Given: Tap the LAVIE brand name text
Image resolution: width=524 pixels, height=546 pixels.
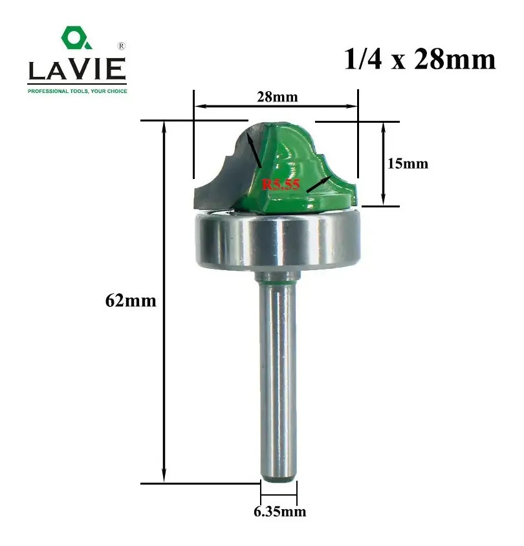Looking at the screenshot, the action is coord(77,69).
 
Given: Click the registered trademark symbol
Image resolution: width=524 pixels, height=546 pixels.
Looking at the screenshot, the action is coord(121,46).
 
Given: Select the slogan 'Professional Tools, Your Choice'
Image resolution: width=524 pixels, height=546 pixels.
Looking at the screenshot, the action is coord(78,91).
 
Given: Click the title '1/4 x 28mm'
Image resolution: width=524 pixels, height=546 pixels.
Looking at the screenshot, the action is coord(420,59).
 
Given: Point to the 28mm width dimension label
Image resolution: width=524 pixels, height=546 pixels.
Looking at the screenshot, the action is coord(278,97).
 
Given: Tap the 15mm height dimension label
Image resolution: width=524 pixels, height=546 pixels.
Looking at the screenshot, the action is coord(408,163).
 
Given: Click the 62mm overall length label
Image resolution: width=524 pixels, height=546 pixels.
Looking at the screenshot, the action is coord(131,300).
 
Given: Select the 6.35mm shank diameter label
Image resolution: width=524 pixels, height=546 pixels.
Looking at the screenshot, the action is coord(280,511).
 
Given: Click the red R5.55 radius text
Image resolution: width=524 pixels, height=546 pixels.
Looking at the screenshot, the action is coord(281,184).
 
